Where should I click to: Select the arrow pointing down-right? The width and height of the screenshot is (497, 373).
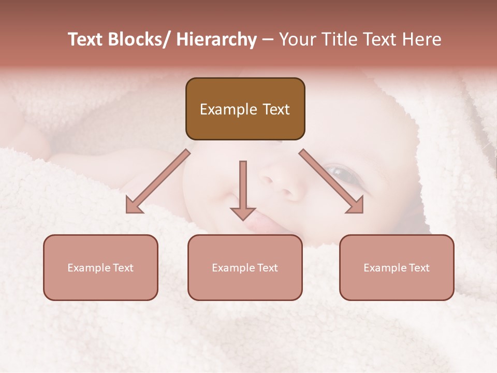(x=332, y=182)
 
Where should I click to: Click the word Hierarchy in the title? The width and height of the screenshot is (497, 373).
(x=216, y=39)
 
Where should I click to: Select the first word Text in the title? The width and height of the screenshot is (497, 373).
(x=86, y=39)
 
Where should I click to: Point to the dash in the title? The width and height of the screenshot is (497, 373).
(x=268, y=40)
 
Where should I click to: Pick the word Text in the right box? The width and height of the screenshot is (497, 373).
(x=418, y=268)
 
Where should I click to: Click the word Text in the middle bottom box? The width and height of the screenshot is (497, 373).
(x=267, y=268)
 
